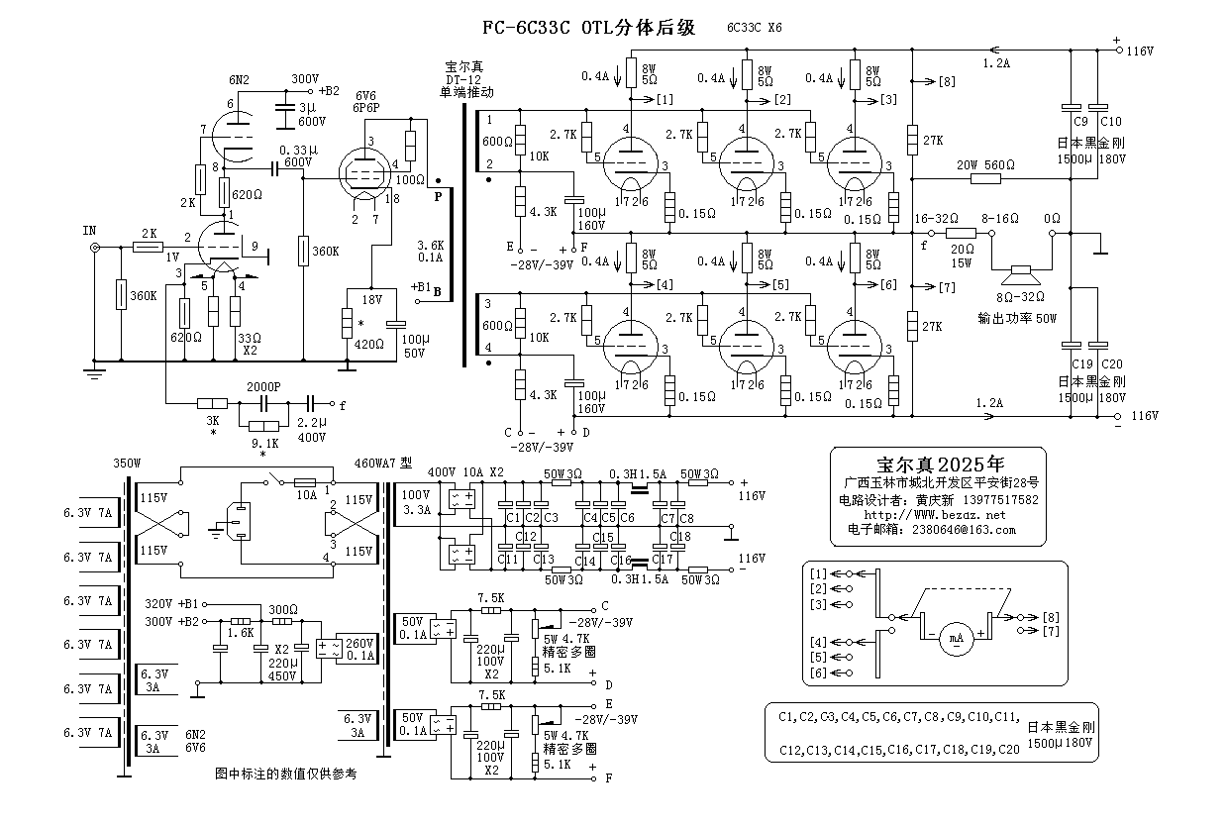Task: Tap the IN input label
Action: [90, 230]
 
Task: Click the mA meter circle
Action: [957, 638]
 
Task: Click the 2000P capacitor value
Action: [262, 386]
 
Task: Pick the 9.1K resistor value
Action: [263, 443]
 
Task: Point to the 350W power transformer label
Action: [129, 463]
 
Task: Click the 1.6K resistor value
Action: [240, 631]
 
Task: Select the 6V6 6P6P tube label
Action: [366, 100]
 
